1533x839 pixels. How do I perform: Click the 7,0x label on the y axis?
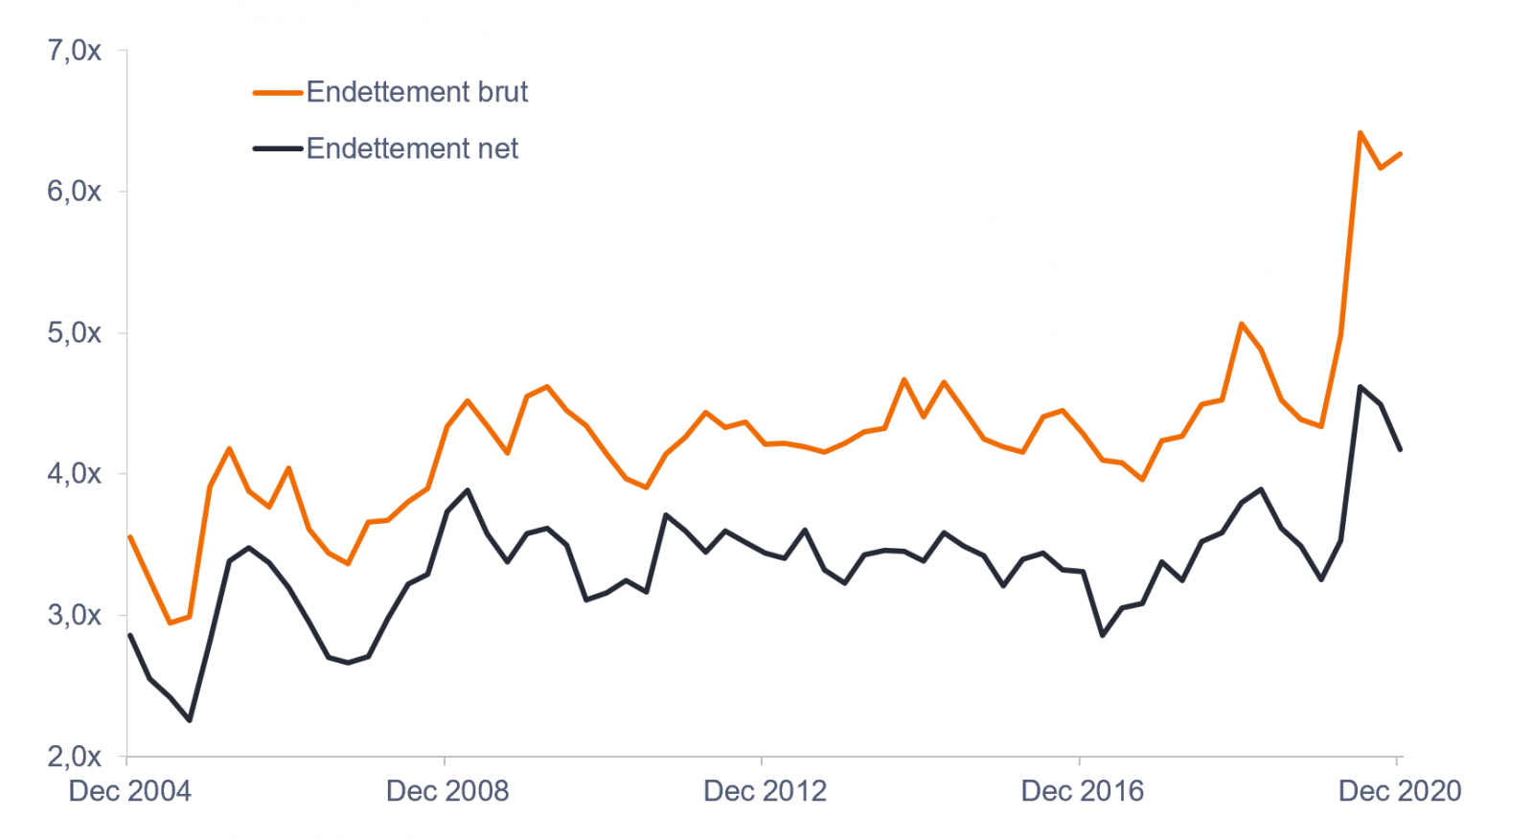[74, 51]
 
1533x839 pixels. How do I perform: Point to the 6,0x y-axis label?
[74, 192]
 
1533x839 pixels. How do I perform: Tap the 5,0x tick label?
[74, 333]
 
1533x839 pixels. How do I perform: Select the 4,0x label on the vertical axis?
[74, 474]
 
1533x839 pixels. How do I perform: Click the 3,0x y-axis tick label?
[74, 615]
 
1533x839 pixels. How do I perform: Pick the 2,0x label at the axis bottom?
[74, 757]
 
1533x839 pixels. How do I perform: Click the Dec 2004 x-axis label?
[129, 791]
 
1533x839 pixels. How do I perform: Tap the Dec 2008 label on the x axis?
[447, 791]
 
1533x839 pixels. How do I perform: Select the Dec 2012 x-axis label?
[765, 791]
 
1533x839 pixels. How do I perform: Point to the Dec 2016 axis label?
[1083, 791]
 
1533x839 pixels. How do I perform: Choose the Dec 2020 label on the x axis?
[1400, 791]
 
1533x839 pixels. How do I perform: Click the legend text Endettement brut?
[417, 92]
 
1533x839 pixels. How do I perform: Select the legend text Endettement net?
[412, 148]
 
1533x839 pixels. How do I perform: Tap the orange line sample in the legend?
[278, 93]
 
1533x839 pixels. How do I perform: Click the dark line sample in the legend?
[278, 148]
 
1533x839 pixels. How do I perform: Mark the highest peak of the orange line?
[1360, 133]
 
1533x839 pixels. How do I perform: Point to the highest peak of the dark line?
[1360, 387]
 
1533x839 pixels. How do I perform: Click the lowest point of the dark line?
[190, 720]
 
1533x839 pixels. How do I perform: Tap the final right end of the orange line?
[1401, 154]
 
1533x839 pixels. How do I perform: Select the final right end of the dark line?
[1401, 449]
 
